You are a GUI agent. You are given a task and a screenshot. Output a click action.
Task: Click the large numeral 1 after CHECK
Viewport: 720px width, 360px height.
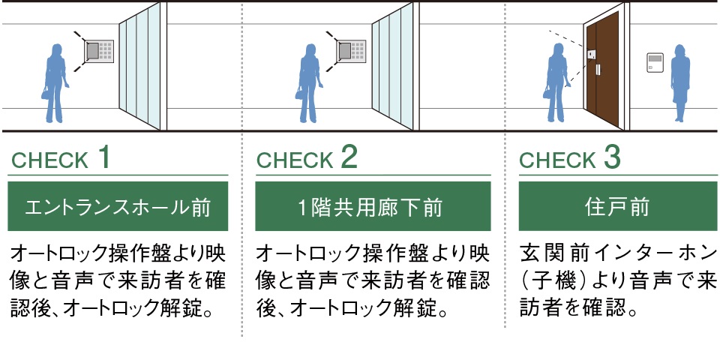(x=104, y=157)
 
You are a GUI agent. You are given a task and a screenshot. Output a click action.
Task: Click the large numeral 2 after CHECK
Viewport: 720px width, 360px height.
(x=349, y=157)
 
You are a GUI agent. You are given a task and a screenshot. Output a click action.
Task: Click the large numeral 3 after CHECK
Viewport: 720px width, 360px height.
(x=612, y=157)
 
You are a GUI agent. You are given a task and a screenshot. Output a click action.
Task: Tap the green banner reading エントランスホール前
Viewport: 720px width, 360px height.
(x=118, y=206)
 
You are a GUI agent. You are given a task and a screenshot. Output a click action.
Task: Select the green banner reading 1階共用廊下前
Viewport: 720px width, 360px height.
(x=373, y=206)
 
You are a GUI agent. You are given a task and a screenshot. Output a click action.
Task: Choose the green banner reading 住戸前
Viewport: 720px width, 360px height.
(x=617, y=206)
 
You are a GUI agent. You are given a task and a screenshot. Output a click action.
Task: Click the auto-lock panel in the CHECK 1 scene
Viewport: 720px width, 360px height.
(x=99, y=52)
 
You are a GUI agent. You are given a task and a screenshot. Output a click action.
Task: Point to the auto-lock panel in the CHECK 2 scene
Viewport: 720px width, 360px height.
(x=351, y=52)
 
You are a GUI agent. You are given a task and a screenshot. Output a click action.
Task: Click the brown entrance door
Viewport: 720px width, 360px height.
(x=602, y=69)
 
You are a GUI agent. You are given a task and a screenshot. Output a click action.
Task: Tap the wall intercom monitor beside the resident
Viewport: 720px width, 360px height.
(x=655, y=62)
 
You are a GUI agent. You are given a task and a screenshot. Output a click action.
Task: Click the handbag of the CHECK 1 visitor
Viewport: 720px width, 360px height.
(x=46, y=94)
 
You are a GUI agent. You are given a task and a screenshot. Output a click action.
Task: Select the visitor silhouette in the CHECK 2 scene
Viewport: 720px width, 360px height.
(x=309, y=83)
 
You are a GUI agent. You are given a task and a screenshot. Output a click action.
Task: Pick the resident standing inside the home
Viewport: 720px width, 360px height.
(x=680, y=83)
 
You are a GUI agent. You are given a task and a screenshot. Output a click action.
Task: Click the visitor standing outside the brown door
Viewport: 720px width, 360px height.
(x=557, y=83)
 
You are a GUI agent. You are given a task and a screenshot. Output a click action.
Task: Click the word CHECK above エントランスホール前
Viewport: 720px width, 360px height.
(x=49, y=160)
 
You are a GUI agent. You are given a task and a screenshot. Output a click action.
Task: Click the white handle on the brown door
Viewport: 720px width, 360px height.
(x=598, y=70)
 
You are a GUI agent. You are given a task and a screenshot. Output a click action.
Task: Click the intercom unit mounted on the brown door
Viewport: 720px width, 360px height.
(x=592, y=55)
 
